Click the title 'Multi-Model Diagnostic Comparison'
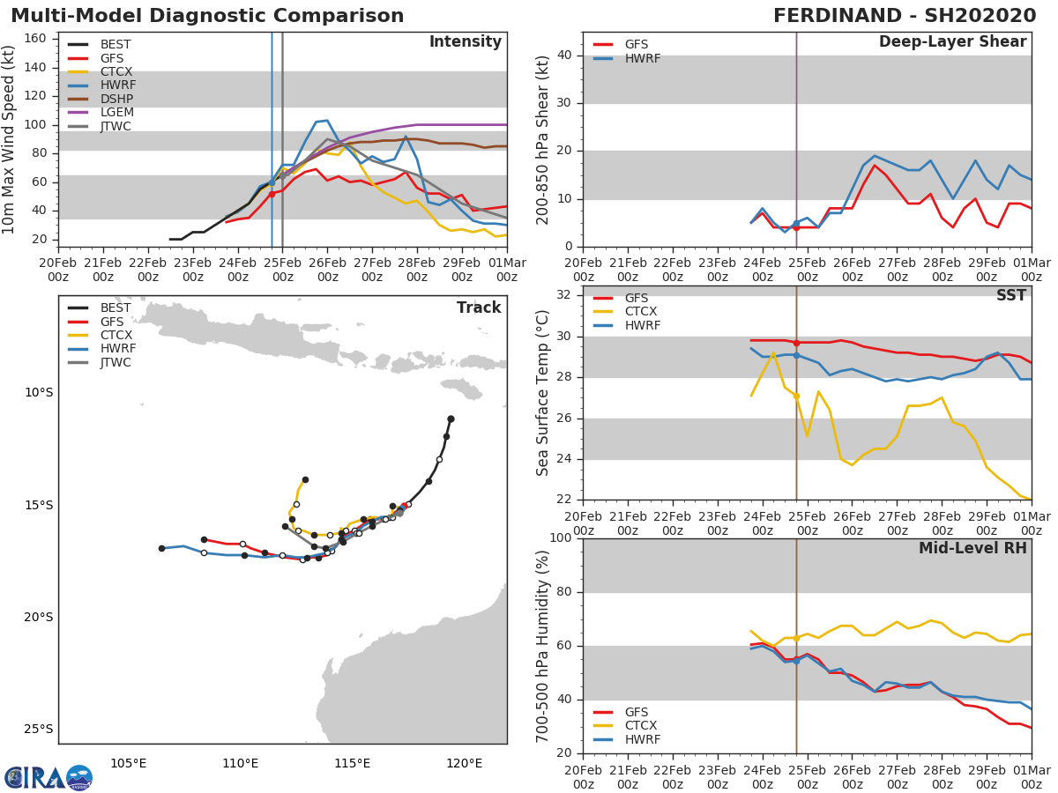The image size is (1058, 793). [207, 16]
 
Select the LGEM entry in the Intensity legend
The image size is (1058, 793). [117, 113]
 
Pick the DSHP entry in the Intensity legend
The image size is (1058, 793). [117, 99]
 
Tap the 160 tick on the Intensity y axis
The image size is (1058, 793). [40, 39]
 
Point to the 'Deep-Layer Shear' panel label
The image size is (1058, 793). [952, 42]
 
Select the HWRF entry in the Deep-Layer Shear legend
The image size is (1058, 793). [642, 58]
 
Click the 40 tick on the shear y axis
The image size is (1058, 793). [566, 55]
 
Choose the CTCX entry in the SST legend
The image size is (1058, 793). [643, 312]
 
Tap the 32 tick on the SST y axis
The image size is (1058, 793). [566, 295]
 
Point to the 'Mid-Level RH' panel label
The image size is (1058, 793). [972, 548]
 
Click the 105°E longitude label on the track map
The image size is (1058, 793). [129, 762]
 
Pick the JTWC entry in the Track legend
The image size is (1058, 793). [115, 362]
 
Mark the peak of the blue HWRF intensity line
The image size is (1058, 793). [327, 121]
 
